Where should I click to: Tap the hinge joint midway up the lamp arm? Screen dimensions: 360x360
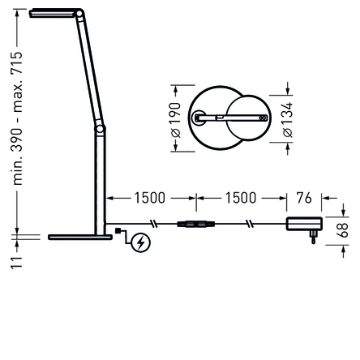100,128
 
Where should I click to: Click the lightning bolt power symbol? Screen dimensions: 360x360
140,242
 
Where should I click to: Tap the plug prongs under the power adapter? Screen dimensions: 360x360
313,238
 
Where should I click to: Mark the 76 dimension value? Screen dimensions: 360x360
304,198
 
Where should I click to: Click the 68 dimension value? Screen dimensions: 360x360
342,229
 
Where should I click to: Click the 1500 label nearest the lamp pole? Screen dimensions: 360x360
149,198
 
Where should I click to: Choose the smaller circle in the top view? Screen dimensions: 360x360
248,118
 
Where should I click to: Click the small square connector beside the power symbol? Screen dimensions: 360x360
119,233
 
